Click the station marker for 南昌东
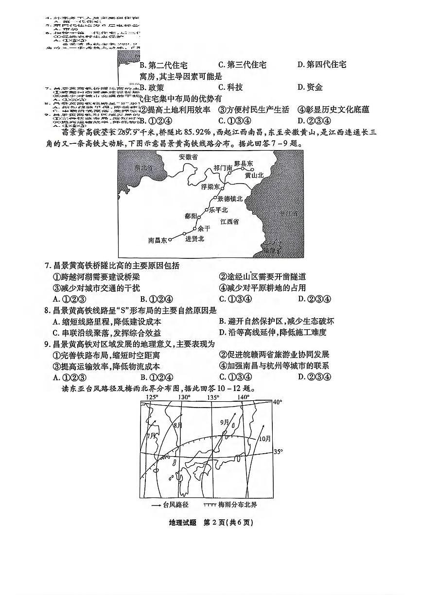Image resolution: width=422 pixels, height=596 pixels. click(x=170, y=240)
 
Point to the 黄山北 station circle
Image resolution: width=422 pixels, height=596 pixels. click(x=252, y=170)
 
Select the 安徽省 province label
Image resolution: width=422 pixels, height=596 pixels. click(x=188, y=157)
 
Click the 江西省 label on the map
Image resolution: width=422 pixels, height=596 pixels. click(x=229, y=221)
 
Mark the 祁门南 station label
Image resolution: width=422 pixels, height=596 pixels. click(x=223, y=168)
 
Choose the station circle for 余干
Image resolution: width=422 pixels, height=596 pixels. click(x=195, y=228)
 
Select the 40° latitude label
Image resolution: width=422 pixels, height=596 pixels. click(x=277, y=402)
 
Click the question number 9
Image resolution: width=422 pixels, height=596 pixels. click(x=47, y=344)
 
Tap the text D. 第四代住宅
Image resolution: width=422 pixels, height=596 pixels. click(x=321, y=65)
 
